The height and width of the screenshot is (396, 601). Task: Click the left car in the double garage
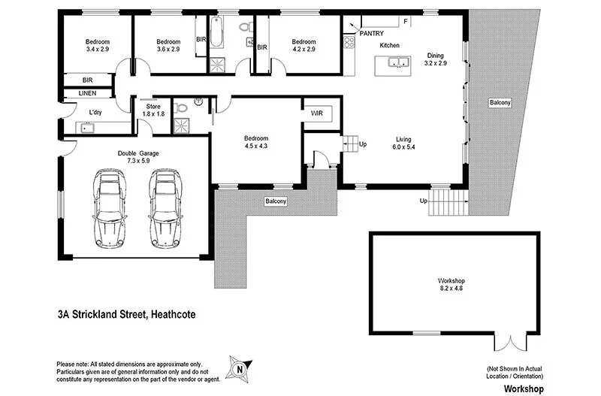[109, 208]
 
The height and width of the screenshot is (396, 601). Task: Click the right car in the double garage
[165, 208]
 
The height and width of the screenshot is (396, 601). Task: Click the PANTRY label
[372, 33]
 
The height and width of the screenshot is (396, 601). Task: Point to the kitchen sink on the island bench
[397, 63]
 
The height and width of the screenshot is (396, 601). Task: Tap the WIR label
[317, 113]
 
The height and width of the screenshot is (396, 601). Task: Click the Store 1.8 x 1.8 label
[153, 110]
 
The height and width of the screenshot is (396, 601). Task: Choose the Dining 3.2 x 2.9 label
[436, 59]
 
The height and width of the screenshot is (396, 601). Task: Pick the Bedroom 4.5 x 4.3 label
[256, 144]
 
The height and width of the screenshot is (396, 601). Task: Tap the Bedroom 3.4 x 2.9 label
[97, 45]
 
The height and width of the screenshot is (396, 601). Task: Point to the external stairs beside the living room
[448, 203]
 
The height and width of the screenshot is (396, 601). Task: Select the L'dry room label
[95, 112]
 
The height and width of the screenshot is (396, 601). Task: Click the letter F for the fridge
[406, 21]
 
